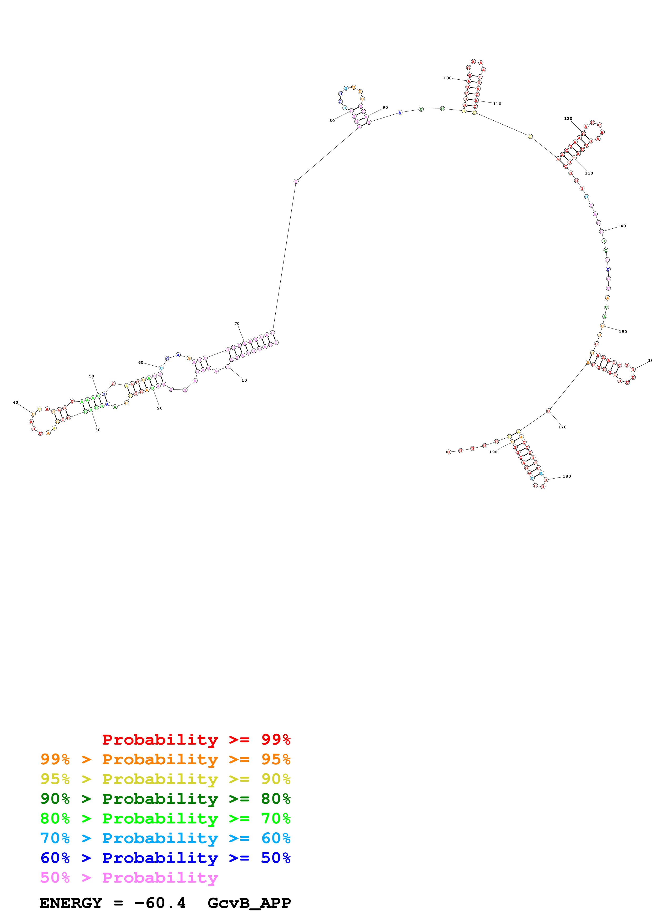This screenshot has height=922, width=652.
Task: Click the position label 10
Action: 244,380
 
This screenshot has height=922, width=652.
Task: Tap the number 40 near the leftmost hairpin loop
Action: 15,402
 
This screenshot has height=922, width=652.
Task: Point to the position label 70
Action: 237,323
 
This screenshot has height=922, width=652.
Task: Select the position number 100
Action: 447,78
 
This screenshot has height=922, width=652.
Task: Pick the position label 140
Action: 621,226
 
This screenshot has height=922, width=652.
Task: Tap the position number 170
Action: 562,427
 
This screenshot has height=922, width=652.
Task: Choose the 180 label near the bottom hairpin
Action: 567,476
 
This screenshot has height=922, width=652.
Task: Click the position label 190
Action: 493,452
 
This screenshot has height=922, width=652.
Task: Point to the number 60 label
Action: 141,363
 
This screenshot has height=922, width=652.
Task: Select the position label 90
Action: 385,107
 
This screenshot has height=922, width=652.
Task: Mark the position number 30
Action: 98,430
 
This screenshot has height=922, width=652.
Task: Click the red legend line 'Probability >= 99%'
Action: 196,739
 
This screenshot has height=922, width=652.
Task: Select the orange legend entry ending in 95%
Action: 165,759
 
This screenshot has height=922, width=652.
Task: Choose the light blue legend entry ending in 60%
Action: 165,838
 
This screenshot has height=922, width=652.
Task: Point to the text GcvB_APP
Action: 249,903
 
